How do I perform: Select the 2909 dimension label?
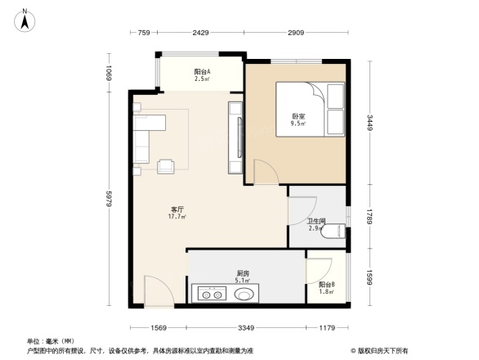coord(295,33)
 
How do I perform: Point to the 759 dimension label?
coord(142,33)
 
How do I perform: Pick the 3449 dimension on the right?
coord(369,124)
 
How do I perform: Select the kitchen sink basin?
coord(245,291)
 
